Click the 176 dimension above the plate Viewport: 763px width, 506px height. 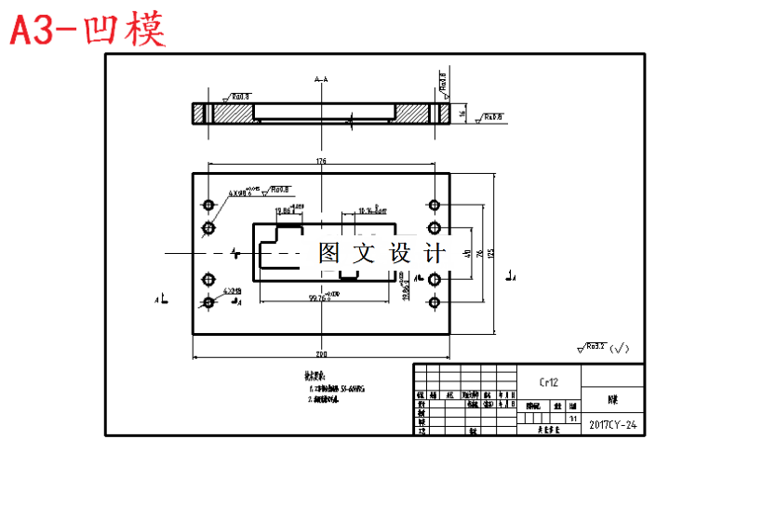pyautogui.click(x=321, y=162)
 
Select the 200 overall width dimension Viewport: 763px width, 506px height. pyautogui.click(x=321, y=354)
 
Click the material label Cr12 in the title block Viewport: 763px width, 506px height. pyautogui.click(x=549, y=382)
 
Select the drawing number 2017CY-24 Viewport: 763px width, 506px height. pyautogui.click(x=612, y=425)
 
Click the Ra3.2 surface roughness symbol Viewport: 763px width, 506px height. pyautogui.click(x=596, y=348)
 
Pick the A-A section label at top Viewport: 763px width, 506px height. pyautogui.click(x=321, y=80)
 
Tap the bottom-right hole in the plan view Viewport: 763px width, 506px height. pyautogui.click(x=434, y=302)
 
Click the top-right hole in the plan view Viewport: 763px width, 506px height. pyautogui.click(x=434, y=204)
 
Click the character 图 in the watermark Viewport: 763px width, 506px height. pyautogui.click(x=329, y=253)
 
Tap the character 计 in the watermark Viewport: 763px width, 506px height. pyautogui.click(x=435, y=253)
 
